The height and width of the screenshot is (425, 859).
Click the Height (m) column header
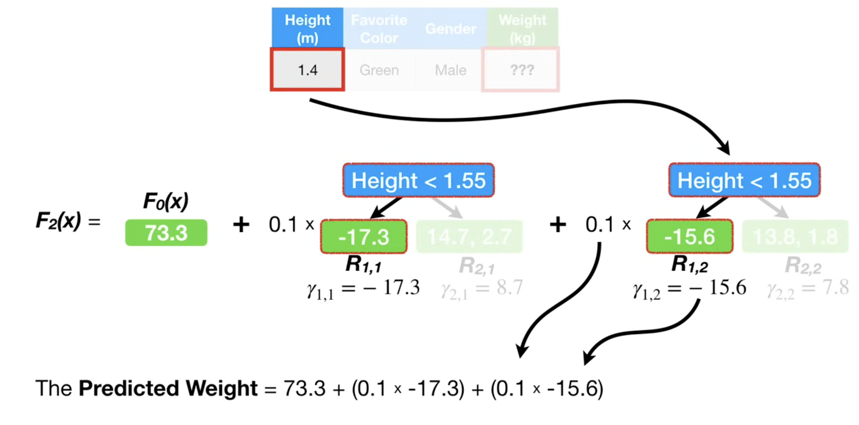[307, 28]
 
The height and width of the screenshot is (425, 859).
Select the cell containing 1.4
[307, 69]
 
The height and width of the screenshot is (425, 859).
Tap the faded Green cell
[379, 70]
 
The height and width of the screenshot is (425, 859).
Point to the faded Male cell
[451, 70]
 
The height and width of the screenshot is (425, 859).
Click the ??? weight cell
[521, 69]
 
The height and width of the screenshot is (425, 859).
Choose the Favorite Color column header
[379, 28]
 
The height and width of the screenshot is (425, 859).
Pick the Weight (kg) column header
[522, 28]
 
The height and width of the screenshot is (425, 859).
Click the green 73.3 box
[166, 233]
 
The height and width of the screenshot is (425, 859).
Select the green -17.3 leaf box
[364, 237]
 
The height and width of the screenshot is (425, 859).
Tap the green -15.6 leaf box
[689, 237]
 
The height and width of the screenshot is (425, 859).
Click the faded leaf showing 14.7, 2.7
[470, 237]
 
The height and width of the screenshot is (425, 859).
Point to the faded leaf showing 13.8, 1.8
[795, 237]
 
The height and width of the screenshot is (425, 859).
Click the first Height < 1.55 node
[418, 180]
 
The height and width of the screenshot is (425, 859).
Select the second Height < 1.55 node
[744, 180]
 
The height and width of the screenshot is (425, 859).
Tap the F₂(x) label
[58, 221]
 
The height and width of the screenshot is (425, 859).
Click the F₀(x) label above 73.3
[166, 201]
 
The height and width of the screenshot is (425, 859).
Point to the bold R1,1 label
[364, 264]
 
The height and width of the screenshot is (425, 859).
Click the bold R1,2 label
[689, 264]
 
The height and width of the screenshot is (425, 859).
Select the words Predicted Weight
[168, 388]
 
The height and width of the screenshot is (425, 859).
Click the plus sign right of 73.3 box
[241, 225]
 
